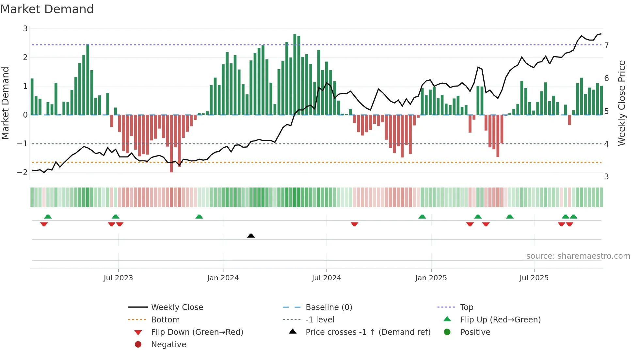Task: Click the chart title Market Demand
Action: pyautogui.click(x=47, y=9)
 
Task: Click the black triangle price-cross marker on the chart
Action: pyautogui.click(x=251, y=236)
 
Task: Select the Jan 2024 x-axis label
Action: pyautogui.click(x=223, y=278)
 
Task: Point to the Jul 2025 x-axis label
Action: pyautogui.click(x=534, y=278)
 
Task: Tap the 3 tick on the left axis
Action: pyautogui.click(x=25, y=29)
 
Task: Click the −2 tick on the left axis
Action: pyautogui.click(x=22, y=172)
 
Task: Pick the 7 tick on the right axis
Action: pyautogui.click(x=606, y=45)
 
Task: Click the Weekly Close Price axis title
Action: pyautogui.click(x=622, y=103)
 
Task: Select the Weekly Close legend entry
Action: pyautogui.click(x=177, y=307)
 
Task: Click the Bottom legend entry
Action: pyautogui.click(x=165, y=320)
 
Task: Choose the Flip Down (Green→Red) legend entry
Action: pyautogui.click(x=197, y=332)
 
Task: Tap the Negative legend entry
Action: pyautogui.click(x=168, y=345)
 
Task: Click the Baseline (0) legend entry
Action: pyautogui.click(x=328, y=307)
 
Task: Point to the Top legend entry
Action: pyautogui.click(x=466, y=307)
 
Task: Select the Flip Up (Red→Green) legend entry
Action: pyautogui.click(x=500, y=320)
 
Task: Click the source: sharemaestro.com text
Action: pyautogui.click(x=578, y=256)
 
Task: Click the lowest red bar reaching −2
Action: pyautogui.click(x=171, y=144)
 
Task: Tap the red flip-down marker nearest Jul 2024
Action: pyautogui.click(x=355, y=224)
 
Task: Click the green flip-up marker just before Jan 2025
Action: pyautogui.click(x=422, y=217)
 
